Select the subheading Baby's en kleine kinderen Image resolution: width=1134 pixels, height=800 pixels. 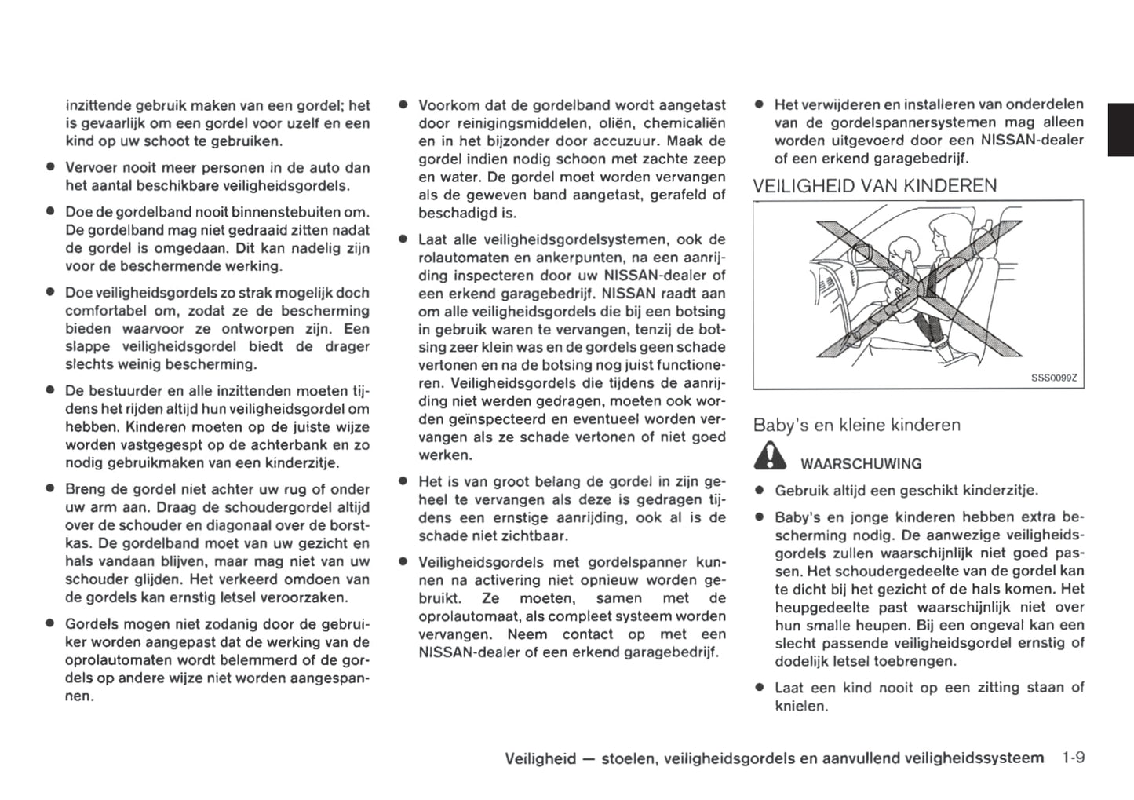point(856,426)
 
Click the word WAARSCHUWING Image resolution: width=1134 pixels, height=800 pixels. point(861,464)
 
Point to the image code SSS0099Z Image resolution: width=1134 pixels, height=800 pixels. point(1054,378)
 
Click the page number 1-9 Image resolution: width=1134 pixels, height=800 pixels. point(1073,758)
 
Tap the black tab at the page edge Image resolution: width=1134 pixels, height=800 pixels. point(1121,130)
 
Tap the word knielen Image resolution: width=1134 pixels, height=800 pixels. point(801,706)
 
